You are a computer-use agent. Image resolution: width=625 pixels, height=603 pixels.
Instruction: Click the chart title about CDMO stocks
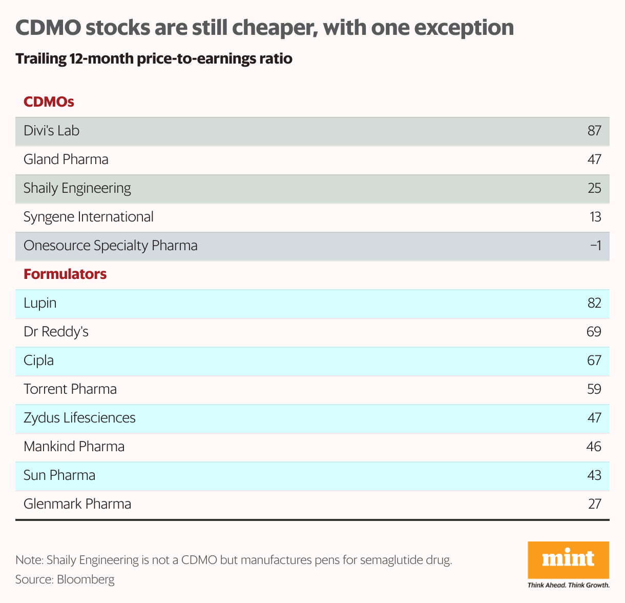[264, 28]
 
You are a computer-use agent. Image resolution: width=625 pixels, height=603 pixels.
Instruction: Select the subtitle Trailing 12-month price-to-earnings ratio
[154, 59]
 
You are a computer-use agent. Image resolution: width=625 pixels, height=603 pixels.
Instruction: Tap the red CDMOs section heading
[49, 102]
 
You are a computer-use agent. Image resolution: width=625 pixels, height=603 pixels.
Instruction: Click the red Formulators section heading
[65, 274]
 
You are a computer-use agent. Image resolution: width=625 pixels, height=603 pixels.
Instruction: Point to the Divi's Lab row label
[52, 131]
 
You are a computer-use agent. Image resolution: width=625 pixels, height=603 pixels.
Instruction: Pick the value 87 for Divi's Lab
[594, 131]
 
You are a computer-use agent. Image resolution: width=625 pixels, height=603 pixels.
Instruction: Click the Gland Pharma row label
[66, 159]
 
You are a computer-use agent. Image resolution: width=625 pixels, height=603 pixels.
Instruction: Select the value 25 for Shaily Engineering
[594, 188]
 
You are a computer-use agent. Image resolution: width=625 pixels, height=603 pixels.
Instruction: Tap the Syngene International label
[89, 217]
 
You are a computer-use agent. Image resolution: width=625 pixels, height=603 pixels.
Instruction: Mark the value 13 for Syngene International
[595, 217]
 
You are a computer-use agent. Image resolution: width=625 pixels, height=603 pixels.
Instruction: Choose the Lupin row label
[40, 303]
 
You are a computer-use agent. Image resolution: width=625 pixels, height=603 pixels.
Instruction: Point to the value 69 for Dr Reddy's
[594, 332]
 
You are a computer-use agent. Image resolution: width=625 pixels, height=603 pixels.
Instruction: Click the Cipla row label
[39, 360]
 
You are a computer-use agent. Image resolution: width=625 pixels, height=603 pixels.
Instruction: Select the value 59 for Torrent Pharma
[594, 389]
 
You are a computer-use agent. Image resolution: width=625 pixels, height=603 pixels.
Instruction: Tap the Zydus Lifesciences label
[79, 418]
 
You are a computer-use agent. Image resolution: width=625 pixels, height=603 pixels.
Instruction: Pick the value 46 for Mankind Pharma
[594, 447]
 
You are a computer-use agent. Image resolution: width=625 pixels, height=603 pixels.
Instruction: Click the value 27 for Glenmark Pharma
[594, 504]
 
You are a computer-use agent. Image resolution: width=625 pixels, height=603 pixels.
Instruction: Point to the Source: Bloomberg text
[65, 579]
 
